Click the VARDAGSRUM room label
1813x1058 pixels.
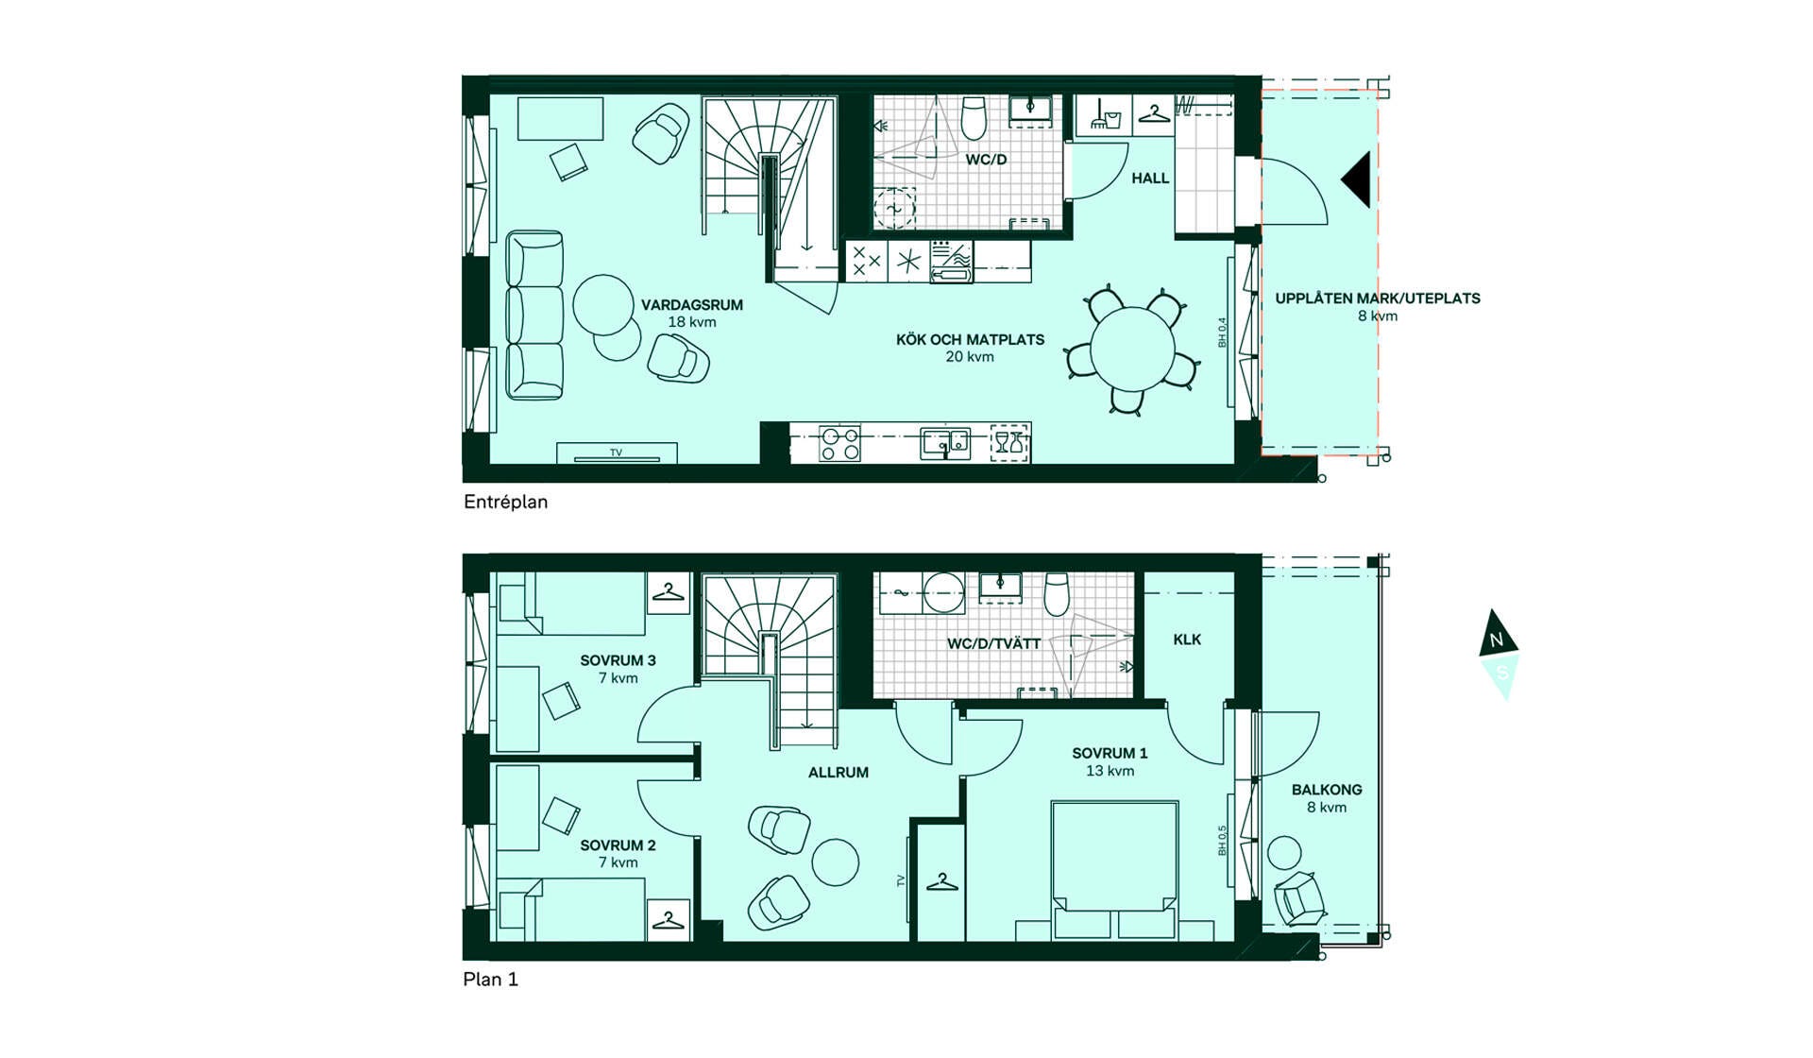pyautogui.click(x=691, y=305)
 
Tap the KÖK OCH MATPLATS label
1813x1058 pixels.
pyautogui.click(x=970, y=340)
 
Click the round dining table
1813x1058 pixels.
pyautogui.click(x=1132, y=349)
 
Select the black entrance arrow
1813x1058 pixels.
pyautogui.click(x=1357, y=179)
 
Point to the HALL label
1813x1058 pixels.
pyautogui.click(x=1150, y=178)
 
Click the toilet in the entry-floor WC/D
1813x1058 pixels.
pyautogui.click(x=974, y=117)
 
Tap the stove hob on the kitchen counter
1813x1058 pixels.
pyautogui.click(x=839, y=444)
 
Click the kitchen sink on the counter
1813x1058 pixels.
pyautogui.click(x=945, y=444)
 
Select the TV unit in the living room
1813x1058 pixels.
pyautogui.click(x=617, y=453)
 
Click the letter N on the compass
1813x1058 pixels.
pyautogui.click(x=1497, y=640)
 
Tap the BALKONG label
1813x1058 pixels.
pyautogui.click(x=1327, y=790)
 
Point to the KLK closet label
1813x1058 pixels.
pyautogui.click(x=1187, y=640)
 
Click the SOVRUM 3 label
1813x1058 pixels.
pyautogui.click(x=618, y=660)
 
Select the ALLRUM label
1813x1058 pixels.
pyautogui.click(x=838, y=773)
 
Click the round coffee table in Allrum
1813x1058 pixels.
pyautogui.click(x=836, y=862)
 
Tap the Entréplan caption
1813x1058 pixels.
pyautogui.click(x=505, y=502)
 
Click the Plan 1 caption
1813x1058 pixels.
pyautogui.click(x=490, y=980)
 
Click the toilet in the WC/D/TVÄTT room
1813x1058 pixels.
pyautogui.click(x=1056, y=593)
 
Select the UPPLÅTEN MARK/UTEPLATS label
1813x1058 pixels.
pyautogui.click(x=1378, y=299)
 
